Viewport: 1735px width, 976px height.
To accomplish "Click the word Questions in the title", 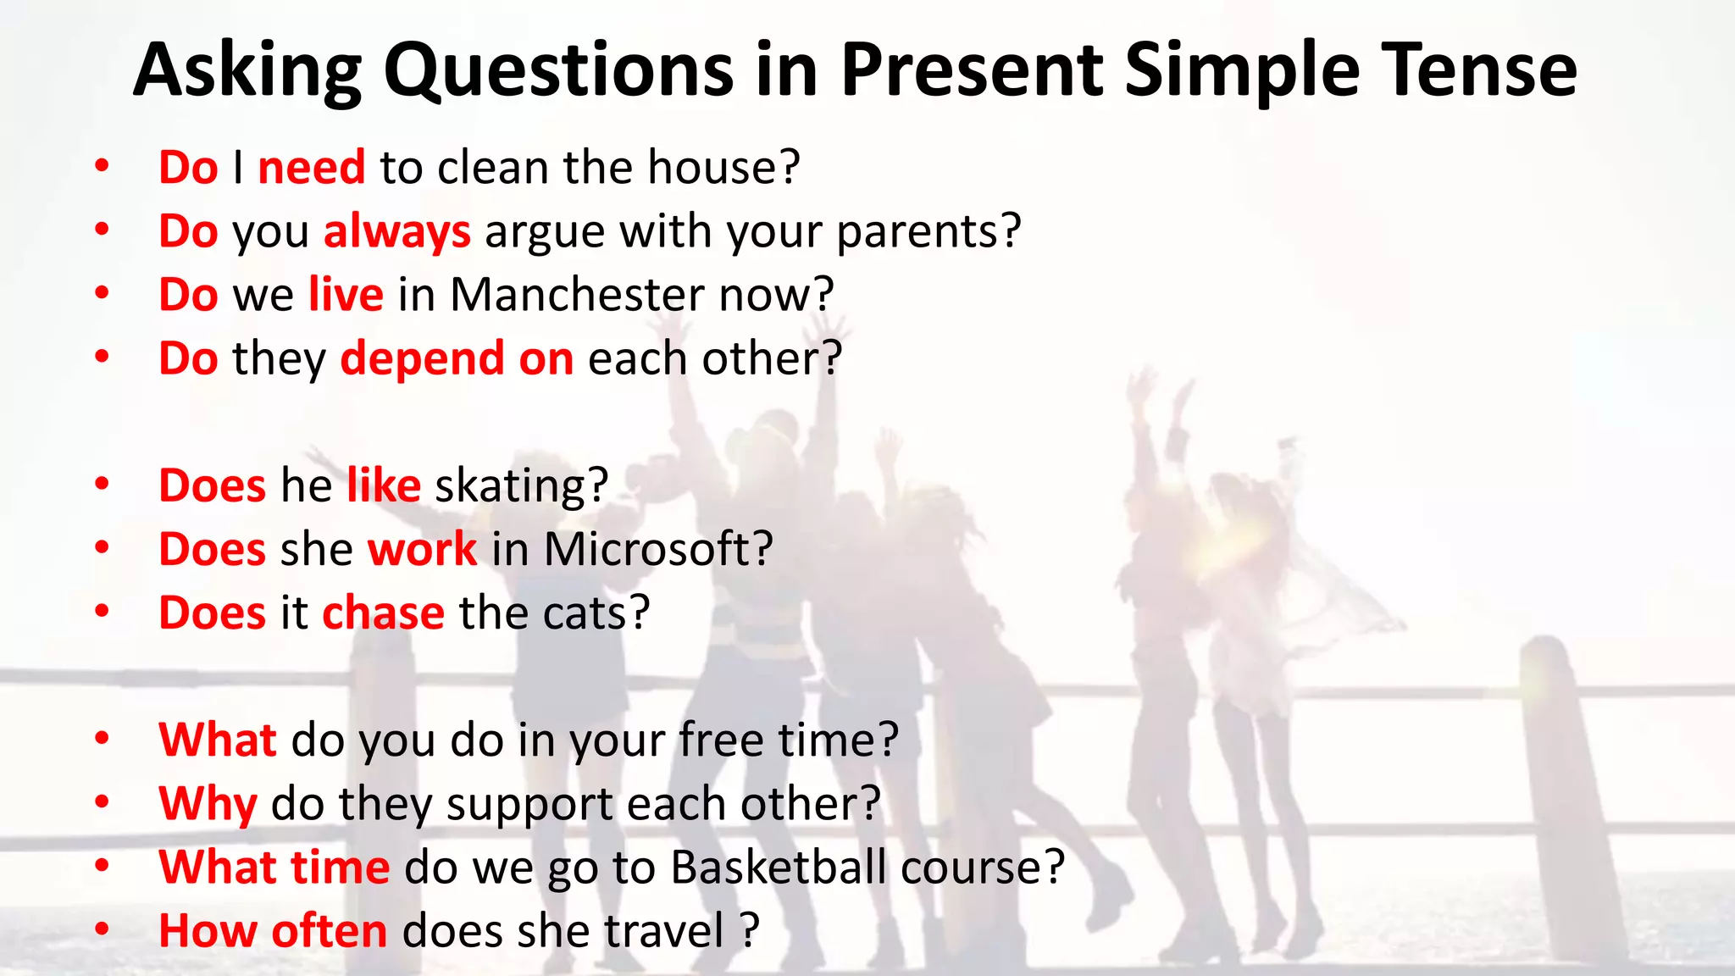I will pyautogui.click(x=558, y=71).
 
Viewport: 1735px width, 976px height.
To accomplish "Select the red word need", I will pyautogui.click(x=311, y=167).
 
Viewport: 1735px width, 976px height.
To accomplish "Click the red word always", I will pyautogui.click(x=396, y=231).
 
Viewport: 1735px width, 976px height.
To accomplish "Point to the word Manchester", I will pyautogui.click(x=577, y=295).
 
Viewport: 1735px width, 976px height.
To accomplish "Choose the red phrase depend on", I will pyautogui.click(x=457, y=358).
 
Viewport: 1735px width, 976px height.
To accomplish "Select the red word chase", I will pyautogui.click(x=383, y=613).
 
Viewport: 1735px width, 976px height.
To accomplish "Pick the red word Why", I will pyautogui.click(x=208, y=803).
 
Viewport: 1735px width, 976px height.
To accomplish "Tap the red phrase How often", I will pyautogui.click(x=273, y=931).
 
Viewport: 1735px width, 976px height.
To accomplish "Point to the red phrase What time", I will pyautogui.click(x=274, y=868).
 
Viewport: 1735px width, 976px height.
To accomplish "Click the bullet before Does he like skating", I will pyautogui.click(x=102, y=484).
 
